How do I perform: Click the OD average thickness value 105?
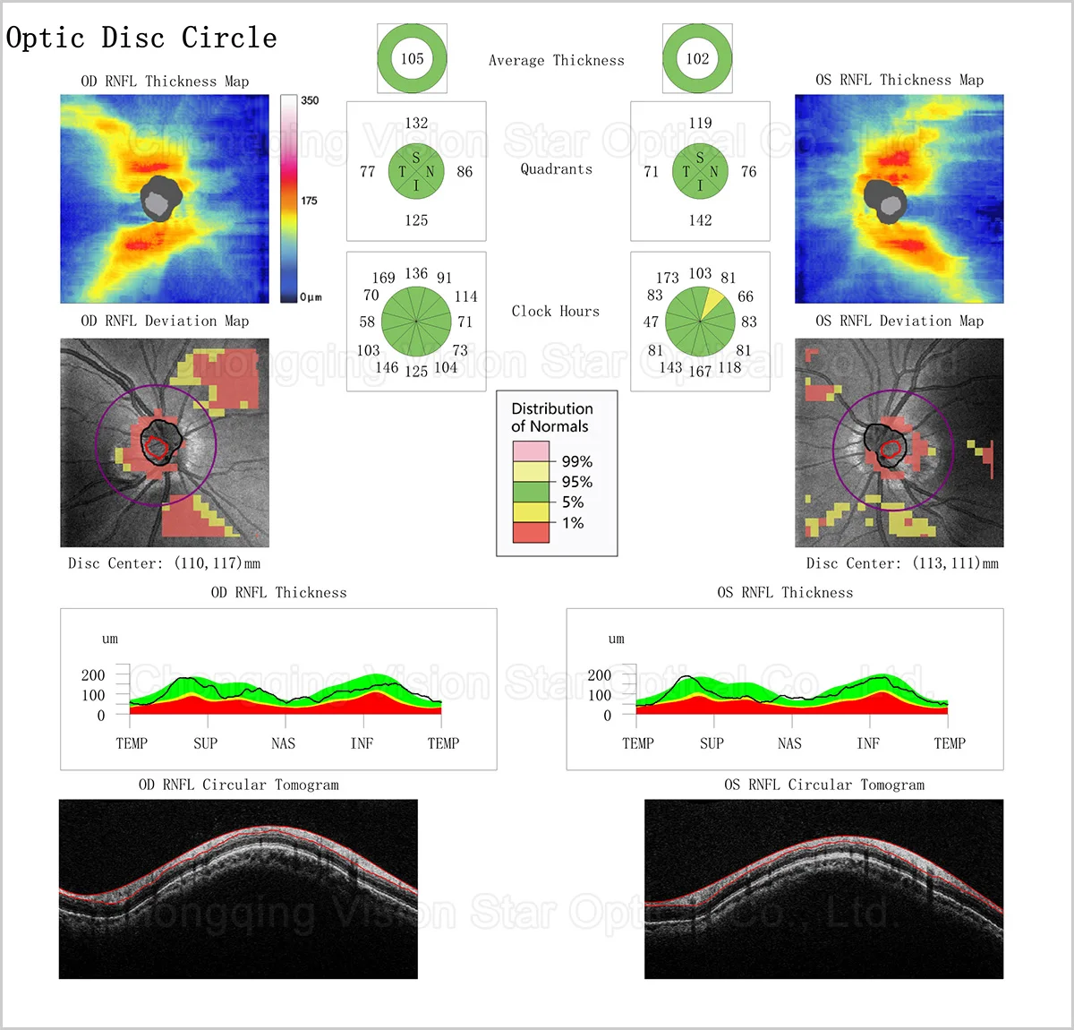point(412,59)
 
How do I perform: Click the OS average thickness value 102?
point(697,59)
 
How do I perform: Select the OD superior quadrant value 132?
point(416,124)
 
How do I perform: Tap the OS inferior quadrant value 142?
point(700,220)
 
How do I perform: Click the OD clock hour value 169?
point(383,278)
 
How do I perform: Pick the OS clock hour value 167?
point(700,371)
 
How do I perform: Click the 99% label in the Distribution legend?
point(576,461)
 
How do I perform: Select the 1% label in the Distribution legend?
point(573,523)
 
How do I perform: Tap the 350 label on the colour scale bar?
point(310,100)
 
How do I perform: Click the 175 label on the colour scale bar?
point(309,201)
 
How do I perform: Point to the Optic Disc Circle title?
point(141,38)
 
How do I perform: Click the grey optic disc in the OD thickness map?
point(160,198)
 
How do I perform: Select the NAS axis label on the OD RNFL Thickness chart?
point(283,743)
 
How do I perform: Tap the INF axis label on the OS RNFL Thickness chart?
point(867,743)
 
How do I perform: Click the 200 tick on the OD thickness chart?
point(93,675)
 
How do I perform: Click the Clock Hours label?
point(555,312)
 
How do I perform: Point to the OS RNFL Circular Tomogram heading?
point(824,785)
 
